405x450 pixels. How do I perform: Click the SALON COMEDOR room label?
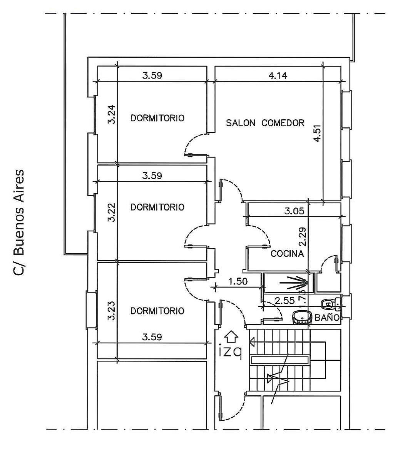265,123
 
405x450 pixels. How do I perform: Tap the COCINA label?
288,254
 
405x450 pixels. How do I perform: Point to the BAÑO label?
327,318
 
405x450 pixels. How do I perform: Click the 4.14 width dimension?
278,75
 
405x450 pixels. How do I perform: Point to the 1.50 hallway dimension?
238,281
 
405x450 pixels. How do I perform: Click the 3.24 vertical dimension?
112,115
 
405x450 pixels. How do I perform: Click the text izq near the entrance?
230,351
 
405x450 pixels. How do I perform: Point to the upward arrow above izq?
231,336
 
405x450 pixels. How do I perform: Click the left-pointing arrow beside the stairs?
253,341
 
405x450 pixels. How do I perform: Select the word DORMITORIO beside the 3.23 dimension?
157,311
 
